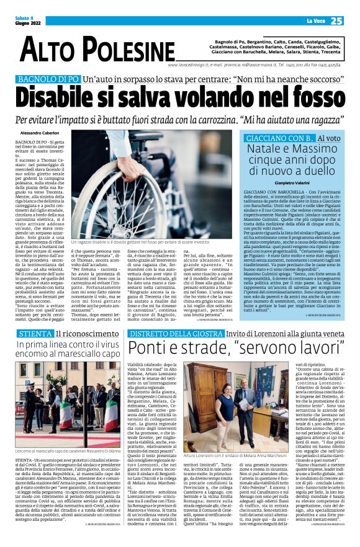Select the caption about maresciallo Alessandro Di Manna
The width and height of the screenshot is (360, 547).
pyautogui.click(x=65, y=452)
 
